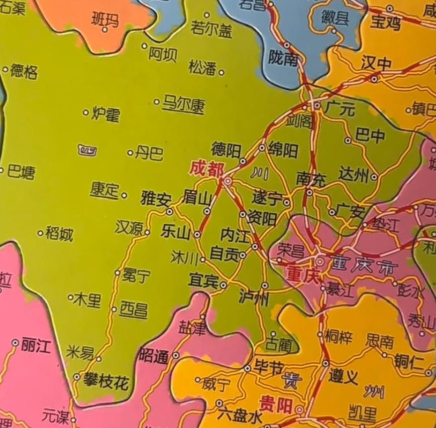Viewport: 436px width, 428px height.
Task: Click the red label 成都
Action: [207, 169]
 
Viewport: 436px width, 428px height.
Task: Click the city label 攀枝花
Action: [106, 383]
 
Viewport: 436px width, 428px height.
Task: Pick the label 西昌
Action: [134, 310]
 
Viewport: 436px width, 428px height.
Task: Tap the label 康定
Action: [105, 190]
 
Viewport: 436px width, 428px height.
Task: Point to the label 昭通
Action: [154, 355]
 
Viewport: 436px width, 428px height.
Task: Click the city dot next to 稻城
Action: [40, 233]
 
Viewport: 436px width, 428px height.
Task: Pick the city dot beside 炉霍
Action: [86, 113]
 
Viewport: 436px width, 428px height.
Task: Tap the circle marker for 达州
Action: [374, 176]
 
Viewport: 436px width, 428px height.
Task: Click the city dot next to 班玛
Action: [105, 29]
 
